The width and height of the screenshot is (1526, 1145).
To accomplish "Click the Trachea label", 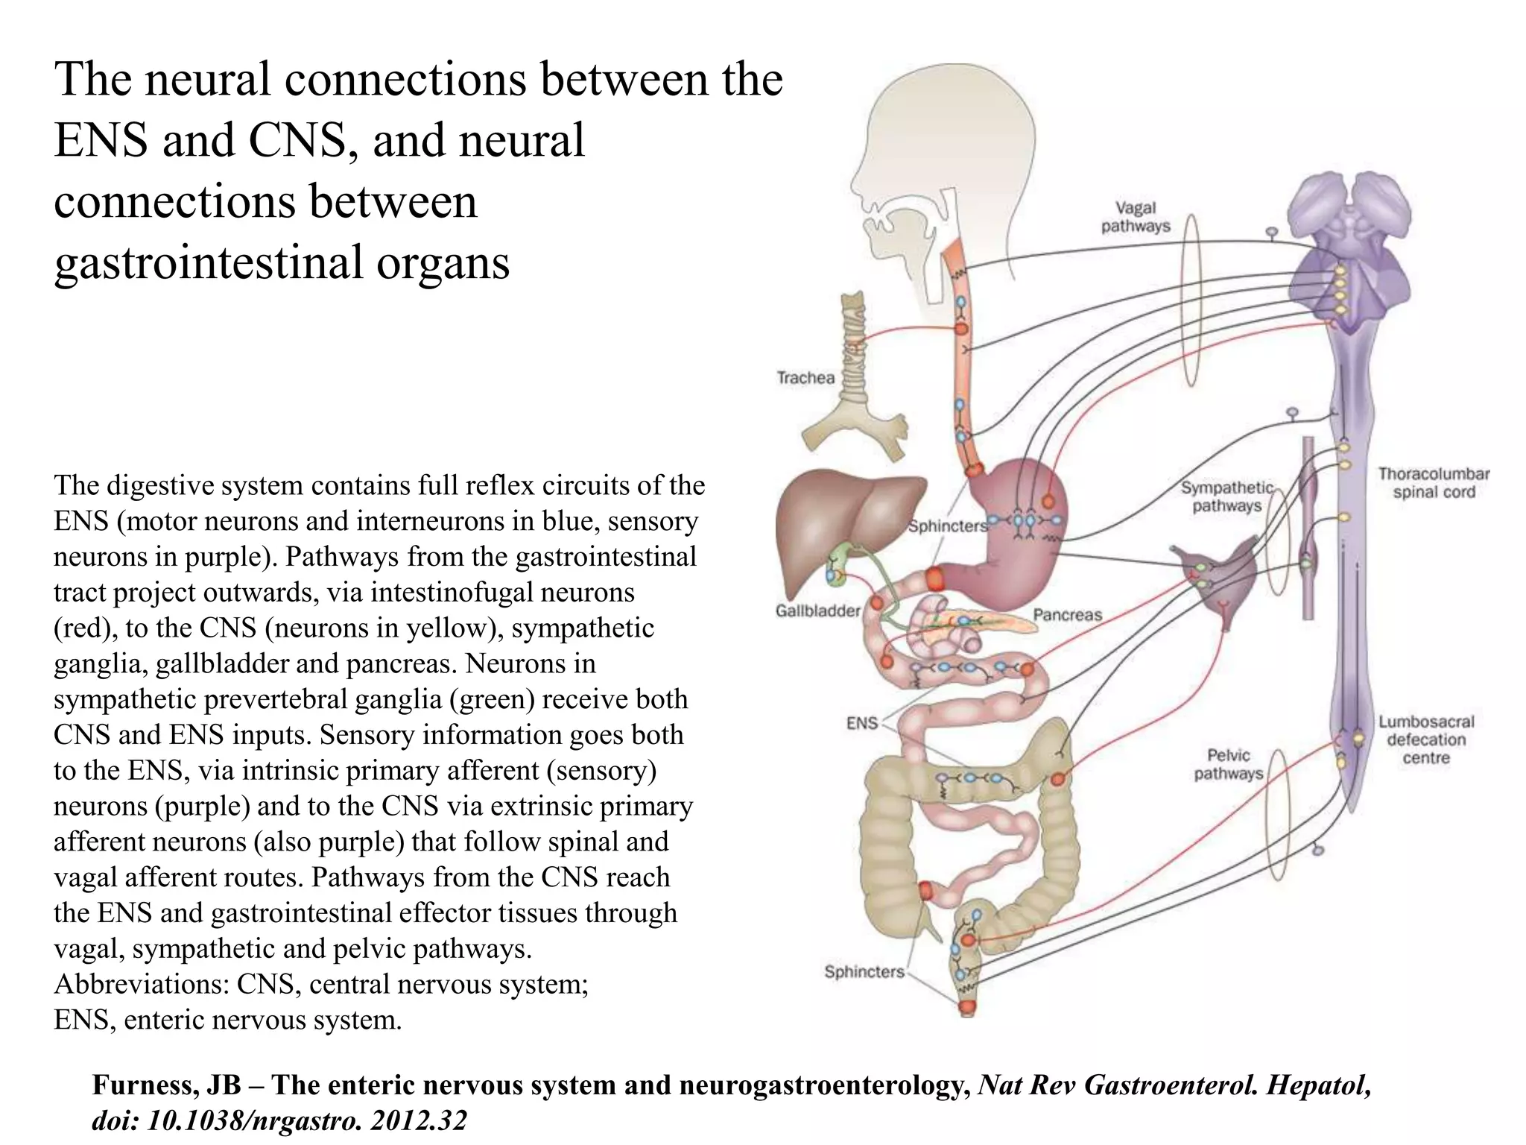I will (805, 378).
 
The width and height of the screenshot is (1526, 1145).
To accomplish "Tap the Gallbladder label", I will (817, 611).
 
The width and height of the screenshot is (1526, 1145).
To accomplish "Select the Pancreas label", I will (1067, 615).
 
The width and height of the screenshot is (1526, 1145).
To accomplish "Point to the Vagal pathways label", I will (1136, 217).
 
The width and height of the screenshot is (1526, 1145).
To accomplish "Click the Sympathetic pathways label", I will (1227, 497).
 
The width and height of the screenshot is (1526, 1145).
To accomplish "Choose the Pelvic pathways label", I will (1228, 765).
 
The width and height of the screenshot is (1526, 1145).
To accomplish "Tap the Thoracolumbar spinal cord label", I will (1434, 483).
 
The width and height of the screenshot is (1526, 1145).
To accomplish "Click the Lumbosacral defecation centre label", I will (1426, 740).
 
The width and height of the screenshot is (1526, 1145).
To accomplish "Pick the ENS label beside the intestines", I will (862, 723).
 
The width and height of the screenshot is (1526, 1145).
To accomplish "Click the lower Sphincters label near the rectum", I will (864, 972).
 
